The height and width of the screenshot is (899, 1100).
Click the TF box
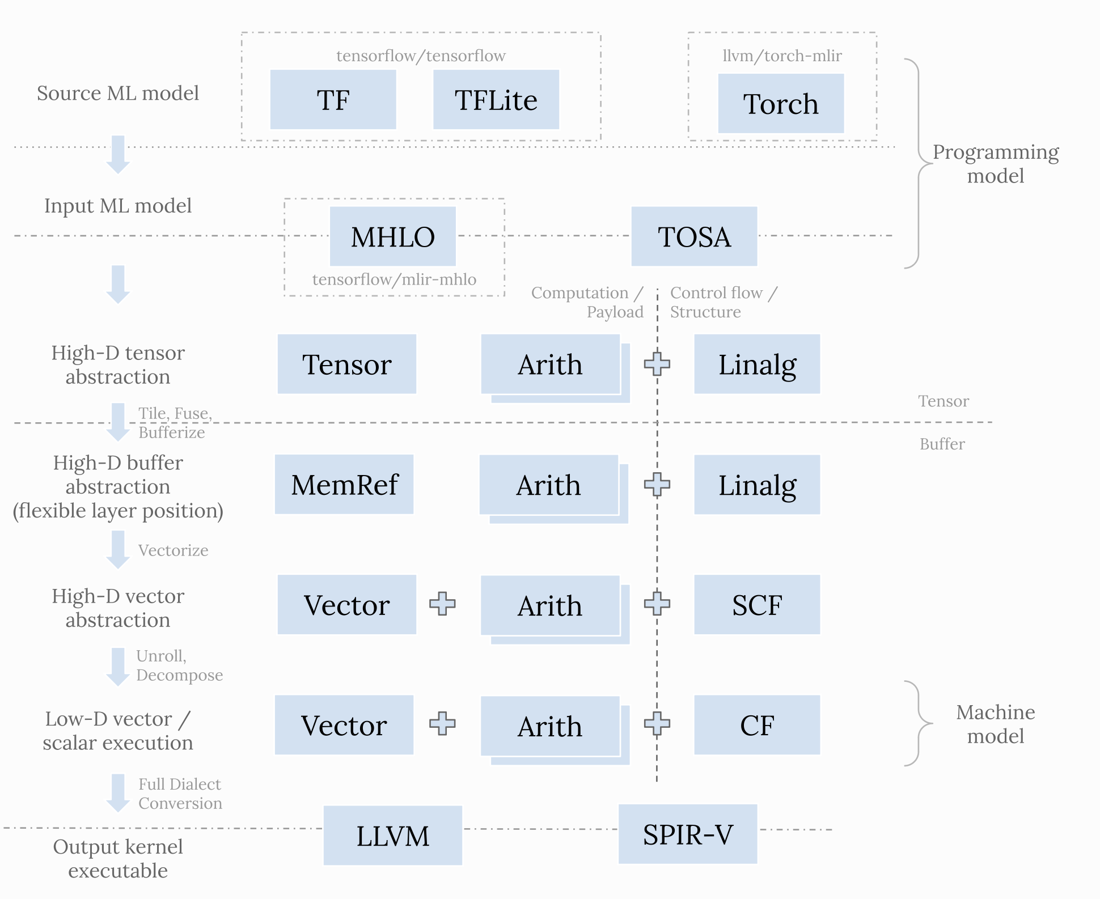tap(333, 100)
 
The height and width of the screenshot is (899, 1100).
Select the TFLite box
tap(496, 100)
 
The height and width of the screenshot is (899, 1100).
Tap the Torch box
tap(780, 104)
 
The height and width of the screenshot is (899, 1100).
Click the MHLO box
tap(392, 236)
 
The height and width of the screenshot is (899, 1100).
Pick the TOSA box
tap(693, 236)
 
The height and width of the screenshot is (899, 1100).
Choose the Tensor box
tap(346, 364)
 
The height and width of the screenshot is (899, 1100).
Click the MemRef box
tap(344, 485)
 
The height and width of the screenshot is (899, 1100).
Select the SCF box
tap(756, 605)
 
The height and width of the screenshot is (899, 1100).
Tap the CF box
tap(756, 725)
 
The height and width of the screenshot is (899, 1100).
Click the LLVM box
tap(392, 836)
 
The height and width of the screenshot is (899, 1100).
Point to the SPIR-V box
tap(687, 834)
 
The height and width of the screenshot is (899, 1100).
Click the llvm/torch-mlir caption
tap(781, 56)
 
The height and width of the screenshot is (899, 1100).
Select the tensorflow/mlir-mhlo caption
tap(394, 279)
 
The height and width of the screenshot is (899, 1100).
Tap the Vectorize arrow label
tap(173, 550)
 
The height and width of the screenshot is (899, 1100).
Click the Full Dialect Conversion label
tap(180, 794)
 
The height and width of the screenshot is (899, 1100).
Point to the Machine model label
tap(995, 724)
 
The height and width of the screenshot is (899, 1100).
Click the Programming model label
tap(995, 164)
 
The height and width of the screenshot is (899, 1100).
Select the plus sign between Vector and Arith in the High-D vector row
tap(442, 604)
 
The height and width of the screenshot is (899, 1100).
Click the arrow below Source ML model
tap(118, 154)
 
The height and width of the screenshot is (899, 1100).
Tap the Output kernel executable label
tap(118, 858)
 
